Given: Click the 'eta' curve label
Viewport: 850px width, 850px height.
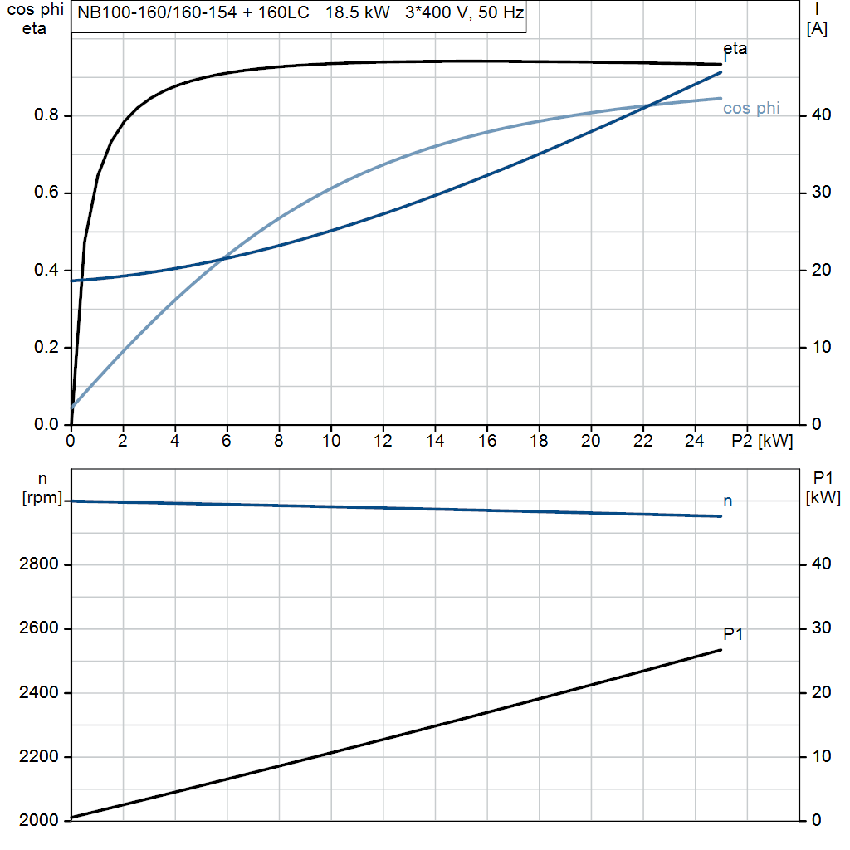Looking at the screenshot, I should (735, 49).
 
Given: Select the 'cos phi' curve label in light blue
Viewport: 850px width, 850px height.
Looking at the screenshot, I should (751, 109).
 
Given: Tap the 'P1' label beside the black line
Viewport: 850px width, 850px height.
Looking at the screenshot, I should (733, 635).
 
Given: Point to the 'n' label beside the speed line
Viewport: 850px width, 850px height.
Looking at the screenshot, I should (728, 501).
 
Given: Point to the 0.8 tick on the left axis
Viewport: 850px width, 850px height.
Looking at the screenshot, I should (46, 115).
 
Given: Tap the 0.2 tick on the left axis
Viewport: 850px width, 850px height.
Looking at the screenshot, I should (46, 348).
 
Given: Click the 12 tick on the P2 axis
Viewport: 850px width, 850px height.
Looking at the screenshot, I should (383, 442).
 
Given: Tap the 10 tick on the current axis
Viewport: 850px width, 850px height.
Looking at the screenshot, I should (817, 348).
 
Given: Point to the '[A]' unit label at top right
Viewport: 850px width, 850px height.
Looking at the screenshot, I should (817, 29).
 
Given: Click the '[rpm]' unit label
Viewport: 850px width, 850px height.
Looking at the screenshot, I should (41, 499).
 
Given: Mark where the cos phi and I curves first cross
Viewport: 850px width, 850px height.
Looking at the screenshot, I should (223, 259).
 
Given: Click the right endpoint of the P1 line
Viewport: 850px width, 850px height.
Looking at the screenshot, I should (721, 649).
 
